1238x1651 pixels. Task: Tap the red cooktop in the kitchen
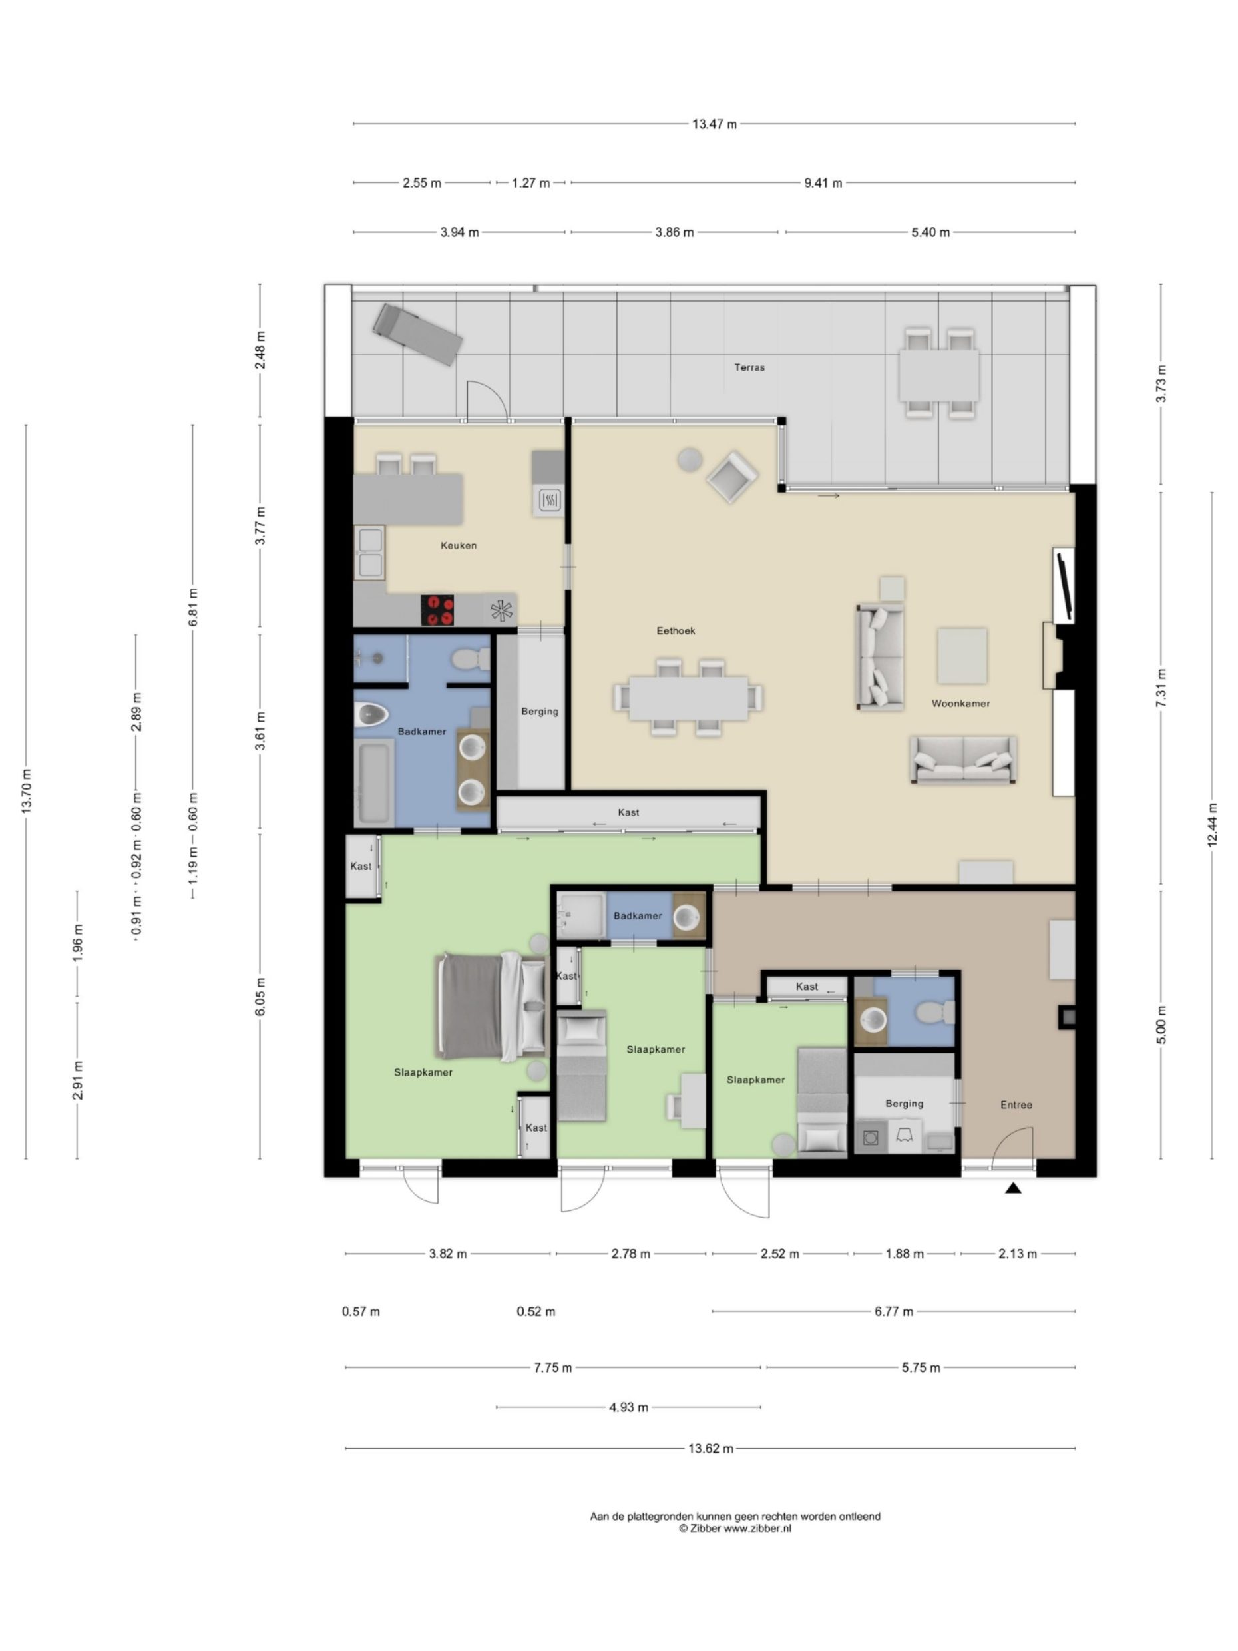tap(437, 610)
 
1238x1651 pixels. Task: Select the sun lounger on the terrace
tap(417, 334)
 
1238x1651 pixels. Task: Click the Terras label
tap(749, 367)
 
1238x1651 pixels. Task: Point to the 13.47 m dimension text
tap(714, 124)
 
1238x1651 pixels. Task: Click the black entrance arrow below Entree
tap(1012, 1188)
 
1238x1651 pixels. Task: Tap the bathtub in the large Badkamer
tap(374, 782)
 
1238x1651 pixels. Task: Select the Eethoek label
tap(676, 630)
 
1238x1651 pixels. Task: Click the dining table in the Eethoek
tap(688, 698)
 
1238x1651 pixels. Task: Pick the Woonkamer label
tap(960, 703)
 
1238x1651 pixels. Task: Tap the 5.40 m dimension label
tap(930, 232)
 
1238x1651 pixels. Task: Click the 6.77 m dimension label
tap(893, 1311)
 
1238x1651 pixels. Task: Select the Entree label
tap(1016, 1104)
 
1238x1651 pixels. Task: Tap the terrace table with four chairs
tap(938, 375)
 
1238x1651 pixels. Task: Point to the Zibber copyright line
tap(734, 1528)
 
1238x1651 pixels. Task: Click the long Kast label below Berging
tap(628, 812)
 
